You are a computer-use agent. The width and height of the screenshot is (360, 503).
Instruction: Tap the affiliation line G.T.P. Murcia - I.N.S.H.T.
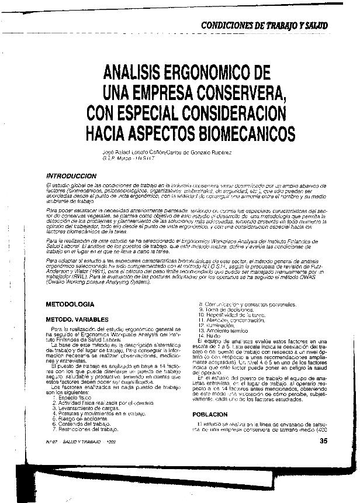click(127, 159)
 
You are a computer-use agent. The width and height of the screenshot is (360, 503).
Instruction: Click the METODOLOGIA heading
click(70, 305)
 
